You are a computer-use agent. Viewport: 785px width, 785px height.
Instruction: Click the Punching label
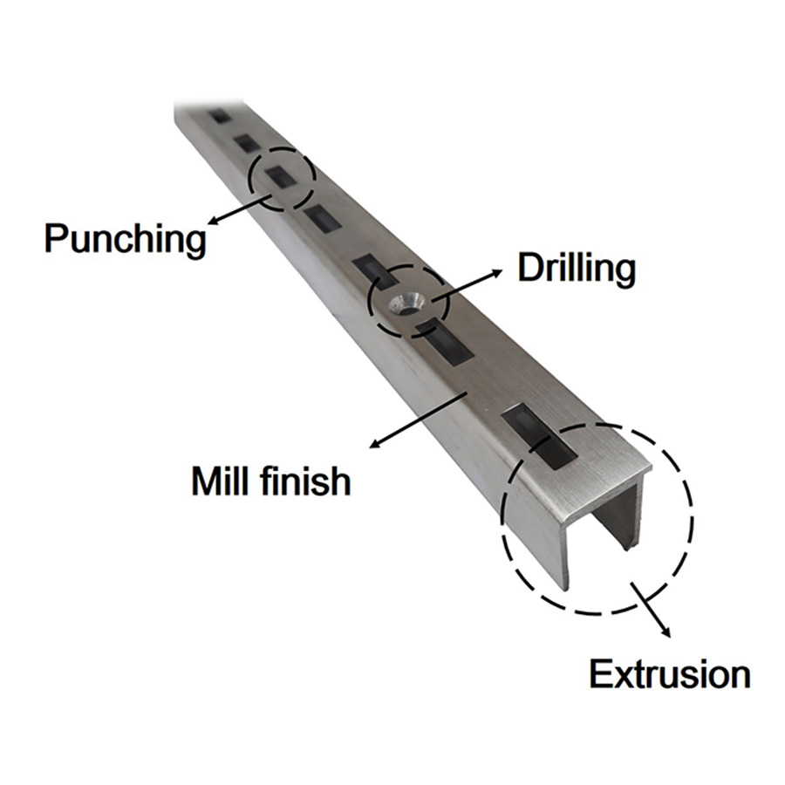point(125,239)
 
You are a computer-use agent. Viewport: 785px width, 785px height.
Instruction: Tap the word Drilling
point(577,270)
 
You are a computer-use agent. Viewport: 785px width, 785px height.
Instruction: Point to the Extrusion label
point(669,674)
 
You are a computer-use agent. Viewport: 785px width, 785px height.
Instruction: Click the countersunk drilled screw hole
point(407,304)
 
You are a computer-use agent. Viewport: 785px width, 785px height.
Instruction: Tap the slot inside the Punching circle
point(282,177)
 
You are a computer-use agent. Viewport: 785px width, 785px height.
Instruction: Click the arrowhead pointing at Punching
point(214,221)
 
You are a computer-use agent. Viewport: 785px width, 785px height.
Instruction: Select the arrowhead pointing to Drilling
point(495,273)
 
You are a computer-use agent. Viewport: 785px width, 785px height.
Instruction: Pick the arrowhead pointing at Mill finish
point(375,442)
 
